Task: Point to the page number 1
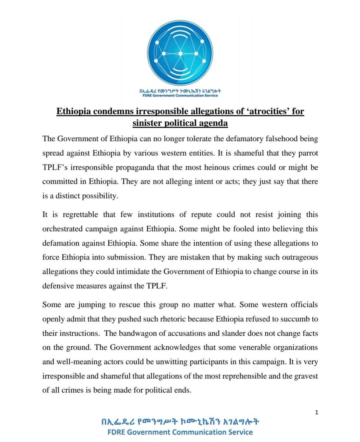point(317,413)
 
